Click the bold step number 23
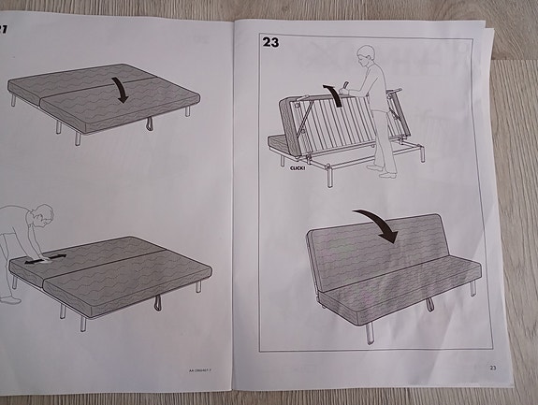point(270,42)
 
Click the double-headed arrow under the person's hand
point(43,261)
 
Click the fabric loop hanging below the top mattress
point(150,123)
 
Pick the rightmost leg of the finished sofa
point(473,287)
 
